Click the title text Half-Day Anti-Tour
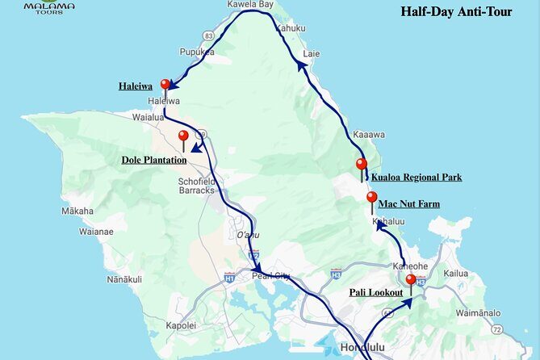point(456,12)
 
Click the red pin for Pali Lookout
point(411,281)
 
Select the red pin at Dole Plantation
point(183,136)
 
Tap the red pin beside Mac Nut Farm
point(371,198)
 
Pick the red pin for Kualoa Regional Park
point(362,165)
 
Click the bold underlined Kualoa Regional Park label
point(416,178)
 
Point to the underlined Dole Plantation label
point(154,160)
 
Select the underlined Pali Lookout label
point(375,291)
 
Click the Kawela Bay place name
point(251,4)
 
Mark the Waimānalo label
point(478,312)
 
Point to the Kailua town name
point(455,274)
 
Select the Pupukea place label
point(196,52)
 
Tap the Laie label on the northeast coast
point(311,54)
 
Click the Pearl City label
point(270,275)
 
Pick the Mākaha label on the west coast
point(77,211)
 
